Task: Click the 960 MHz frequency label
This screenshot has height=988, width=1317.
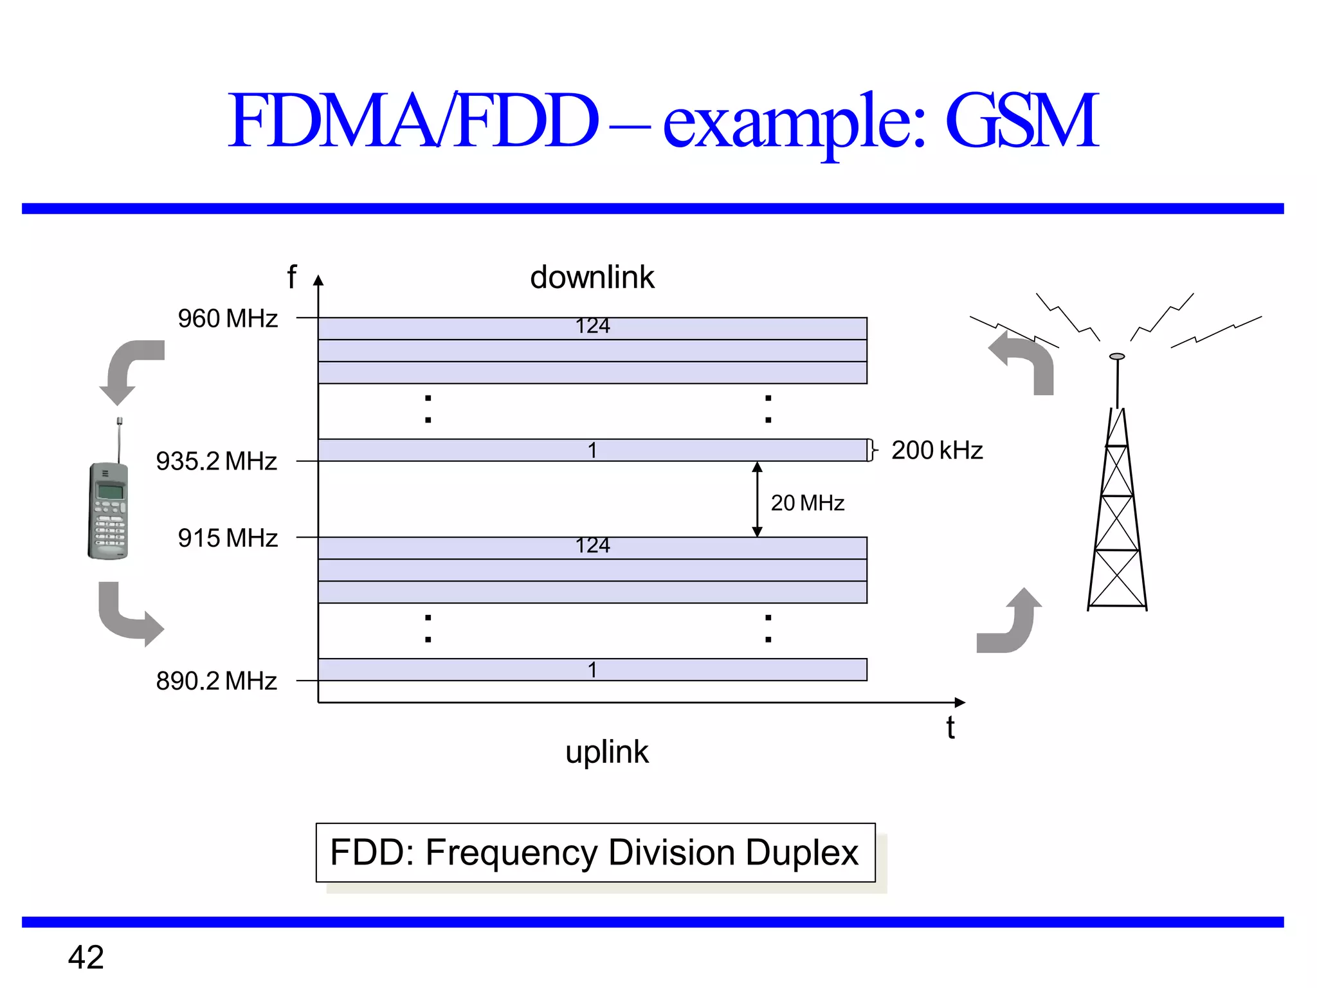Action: click(x=228, y=318)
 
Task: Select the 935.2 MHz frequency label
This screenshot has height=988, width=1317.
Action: click(x=216, y=461)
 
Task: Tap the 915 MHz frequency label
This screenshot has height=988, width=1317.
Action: click(x=228, y=538)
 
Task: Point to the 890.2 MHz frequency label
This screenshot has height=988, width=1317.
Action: click(x=216, y=681)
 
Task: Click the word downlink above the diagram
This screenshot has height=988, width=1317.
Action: click(x=592, y=277)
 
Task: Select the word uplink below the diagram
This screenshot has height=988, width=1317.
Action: click(x=607, y=751)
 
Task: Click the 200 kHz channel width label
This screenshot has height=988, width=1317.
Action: click(x=937, y=450)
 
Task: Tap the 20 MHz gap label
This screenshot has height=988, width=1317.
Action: click(x=807, y=502)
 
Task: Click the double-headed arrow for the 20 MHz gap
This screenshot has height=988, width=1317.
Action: click(x=757, y=499)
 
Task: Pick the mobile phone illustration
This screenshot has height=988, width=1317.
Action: click(x=109, y=508)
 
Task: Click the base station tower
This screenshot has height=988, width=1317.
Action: click(x=1118, y=502)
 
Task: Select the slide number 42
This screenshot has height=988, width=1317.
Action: click(x=86, y=957)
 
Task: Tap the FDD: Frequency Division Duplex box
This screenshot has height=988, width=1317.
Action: click(x=595, y=853)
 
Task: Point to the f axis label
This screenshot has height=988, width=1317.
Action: click(x=292, y=277)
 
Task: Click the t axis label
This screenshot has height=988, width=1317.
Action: click(x=950, y=728)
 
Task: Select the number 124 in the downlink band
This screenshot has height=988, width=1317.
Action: click(x=592, y=326)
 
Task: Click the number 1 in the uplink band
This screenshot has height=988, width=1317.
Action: click(x=592, y=670)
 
